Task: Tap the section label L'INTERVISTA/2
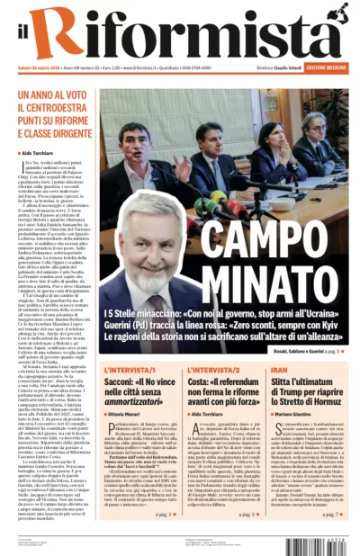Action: point(214,369)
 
